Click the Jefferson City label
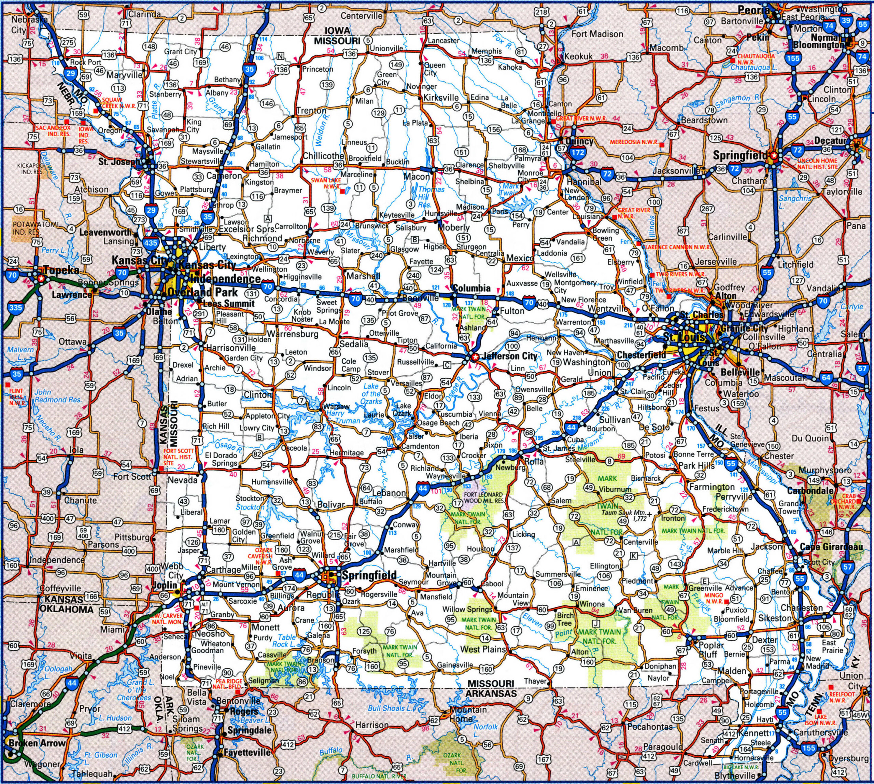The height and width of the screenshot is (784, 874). coord(510,356)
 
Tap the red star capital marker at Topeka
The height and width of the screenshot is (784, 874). coord(41,279)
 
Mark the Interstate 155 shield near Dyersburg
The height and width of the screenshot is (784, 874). coord(808,760)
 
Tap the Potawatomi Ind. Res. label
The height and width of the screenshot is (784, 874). coord(27,228)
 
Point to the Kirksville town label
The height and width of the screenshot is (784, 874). coord(441,97)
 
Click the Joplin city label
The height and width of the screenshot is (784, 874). coord(165,585)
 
